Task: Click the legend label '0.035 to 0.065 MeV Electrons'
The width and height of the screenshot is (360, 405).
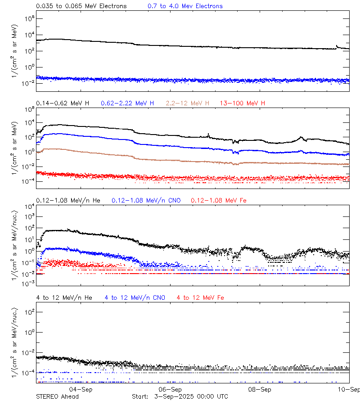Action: click(x=81, y=6)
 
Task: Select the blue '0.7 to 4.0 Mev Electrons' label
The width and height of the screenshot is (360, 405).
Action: click(x=185, y=6)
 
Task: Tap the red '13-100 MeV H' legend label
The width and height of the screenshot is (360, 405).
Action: click(x=243, y=103)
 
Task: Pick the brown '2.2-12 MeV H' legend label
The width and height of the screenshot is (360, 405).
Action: click(x=188, y=103)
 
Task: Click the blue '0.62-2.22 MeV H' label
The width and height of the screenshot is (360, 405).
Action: click(x=127, y=103)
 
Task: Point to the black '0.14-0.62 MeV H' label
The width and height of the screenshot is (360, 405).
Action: click(x=63, y=103)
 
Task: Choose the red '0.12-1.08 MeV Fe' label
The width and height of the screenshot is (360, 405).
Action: click(x=219, y=200)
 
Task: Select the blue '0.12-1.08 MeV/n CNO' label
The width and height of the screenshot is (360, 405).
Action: click(x=146, y=200)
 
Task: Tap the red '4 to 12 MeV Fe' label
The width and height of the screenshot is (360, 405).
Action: click(x=200, y=298)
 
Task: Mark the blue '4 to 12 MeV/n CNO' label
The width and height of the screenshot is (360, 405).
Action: click(x=135, y=298)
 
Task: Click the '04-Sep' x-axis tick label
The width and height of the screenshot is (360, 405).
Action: click(x=81, y=390)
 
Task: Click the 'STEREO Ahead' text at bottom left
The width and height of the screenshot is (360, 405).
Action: click(x=57, y=396)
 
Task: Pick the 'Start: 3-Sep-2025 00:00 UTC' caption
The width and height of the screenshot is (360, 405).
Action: click(x=180, y=396)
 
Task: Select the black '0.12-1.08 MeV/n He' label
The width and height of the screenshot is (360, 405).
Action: click(x=71, y=200)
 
